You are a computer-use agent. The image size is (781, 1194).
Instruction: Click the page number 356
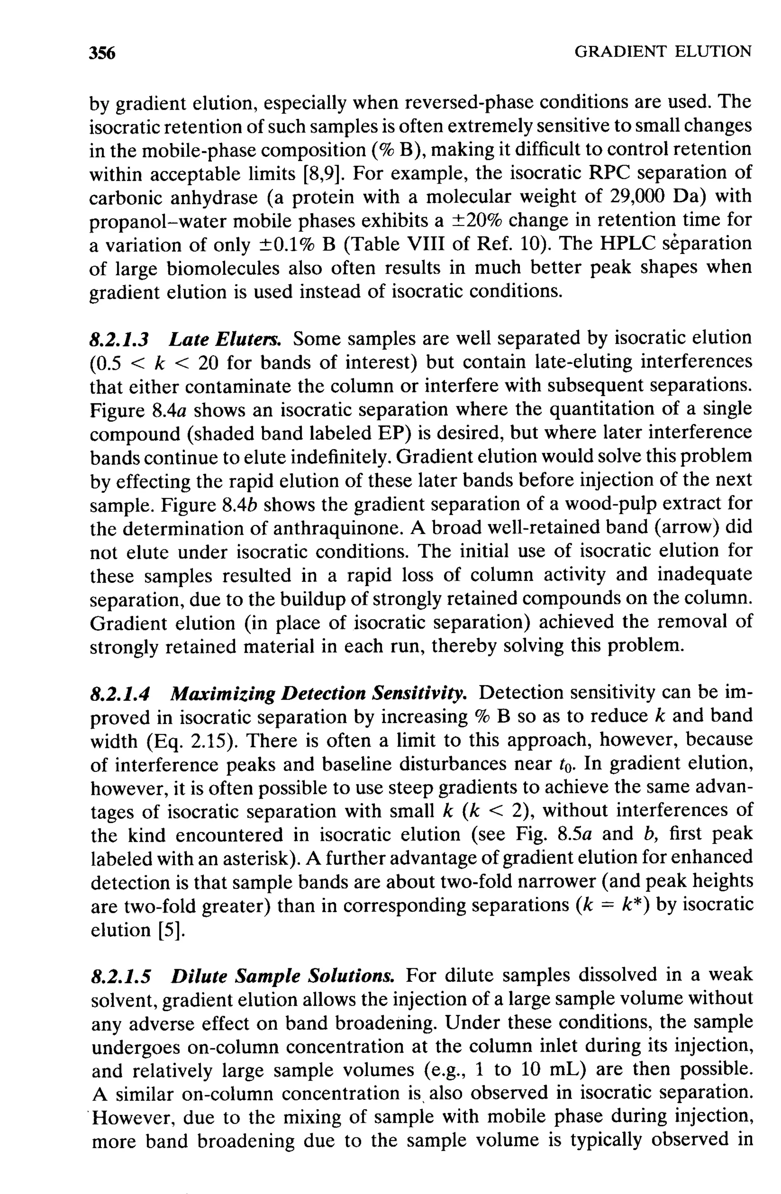102,52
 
